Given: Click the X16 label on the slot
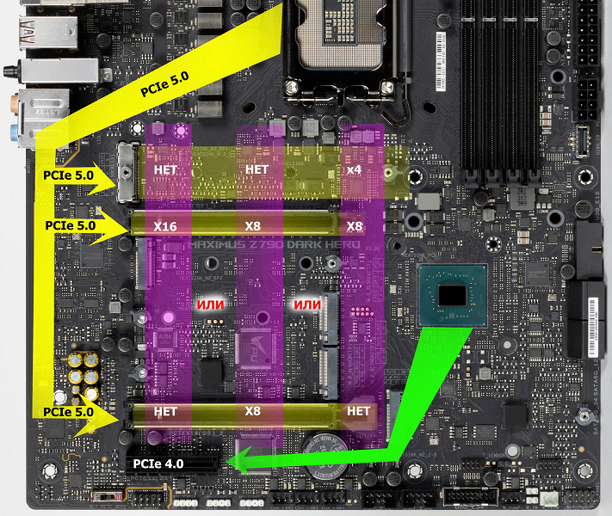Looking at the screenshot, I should [165, 226].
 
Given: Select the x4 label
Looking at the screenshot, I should [354, 170].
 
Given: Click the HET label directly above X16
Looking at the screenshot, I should [165, 170].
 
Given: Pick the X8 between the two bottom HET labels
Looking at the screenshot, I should [252, 411].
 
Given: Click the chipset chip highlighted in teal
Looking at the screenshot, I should [452, 295].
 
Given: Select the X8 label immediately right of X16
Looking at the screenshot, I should [251, 226].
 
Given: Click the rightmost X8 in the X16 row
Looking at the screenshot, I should [354, 226].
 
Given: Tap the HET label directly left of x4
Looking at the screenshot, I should [257, 170].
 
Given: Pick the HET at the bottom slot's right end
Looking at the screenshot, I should [357, 411].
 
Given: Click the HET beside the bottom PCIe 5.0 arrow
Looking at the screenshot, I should [165, 411].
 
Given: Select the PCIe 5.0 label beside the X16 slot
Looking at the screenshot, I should [70, 226].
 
